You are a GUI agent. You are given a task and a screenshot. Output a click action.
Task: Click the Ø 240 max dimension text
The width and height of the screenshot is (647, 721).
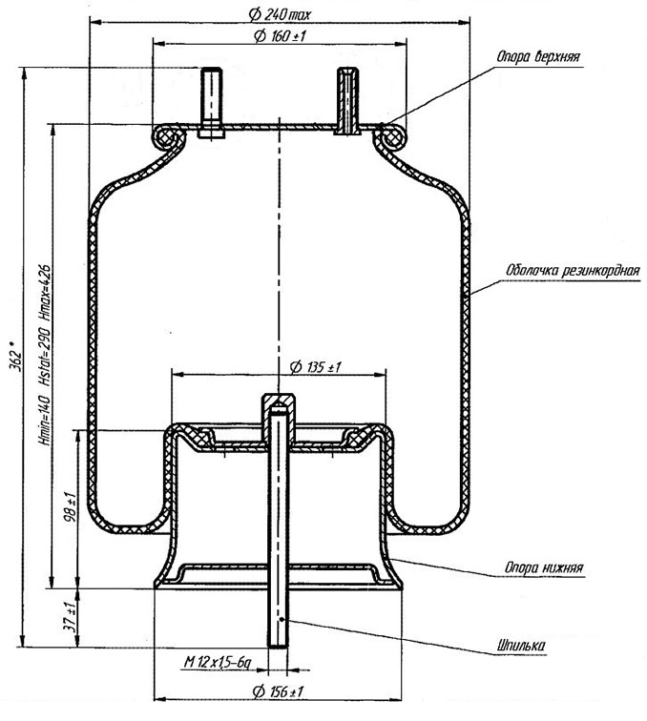tap(280, 14)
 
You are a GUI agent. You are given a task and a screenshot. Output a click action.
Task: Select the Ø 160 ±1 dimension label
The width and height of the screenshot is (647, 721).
tap(280, 36)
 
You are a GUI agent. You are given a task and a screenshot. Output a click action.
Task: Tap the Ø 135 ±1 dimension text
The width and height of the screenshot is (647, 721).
tap(316, 367)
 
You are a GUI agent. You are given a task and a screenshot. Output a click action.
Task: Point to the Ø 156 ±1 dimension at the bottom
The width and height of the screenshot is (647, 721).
tap(278, 691)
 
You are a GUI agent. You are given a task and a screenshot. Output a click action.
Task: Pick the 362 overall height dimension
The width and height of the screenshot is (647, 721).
tap(15, 356)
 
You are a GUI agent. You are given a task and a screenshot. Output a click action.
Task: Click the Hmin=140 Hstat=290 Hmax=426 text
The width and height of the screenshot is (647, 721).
tap(45, 355)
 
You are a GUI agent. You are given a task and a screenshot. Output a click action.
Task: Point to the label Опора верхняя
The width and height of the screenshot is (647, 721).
tap(538, 57)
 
